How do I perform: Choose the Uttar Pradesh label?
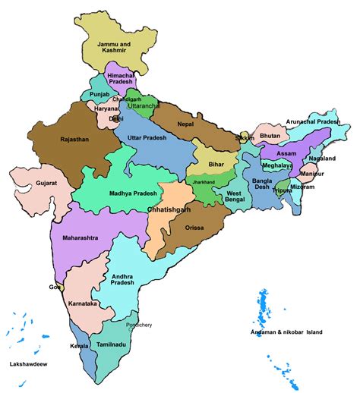pyautogui.click(x=147, y=137)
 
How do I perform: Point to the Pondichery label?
pyautogui.click(x=136, y=325)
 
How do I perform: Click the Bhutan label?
pyautogui.click(x=270, y=136)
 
